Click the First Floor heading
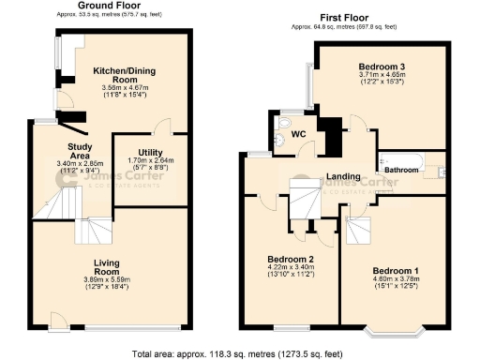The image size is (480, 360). click(x=344, y=18)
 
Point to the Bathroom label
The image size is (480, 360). click(x=403, y=170)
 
